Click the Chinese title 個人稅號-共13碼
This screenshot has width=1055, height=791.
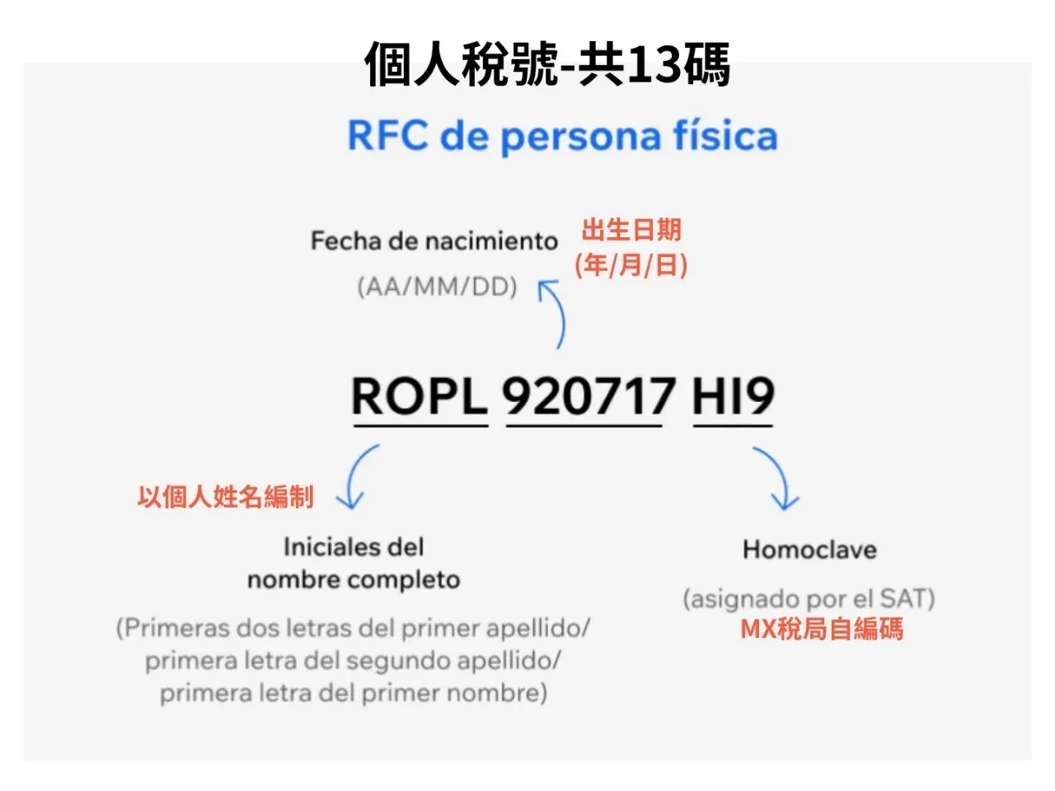click(x=547, y=64)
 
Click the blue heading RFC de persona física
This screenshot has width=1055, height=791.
click(x=562, y=136)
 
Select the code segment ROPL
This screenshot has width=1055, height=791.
click(x=420, y=396)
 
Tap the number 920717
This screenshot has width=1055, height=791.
click(x=588, y=396)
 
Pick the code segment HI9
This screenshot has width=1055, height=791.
click(x=733, y=396)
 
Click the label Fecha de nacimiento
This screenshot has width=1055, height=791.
click(x=434, y=241)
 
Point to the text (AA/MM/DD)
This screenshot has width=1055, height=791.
click(x=437, y=287)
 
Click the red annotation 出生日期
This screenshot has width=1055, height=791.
click(x=632, y=230)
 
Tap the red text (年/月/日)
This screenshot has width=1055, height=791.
click(x=631, y=265)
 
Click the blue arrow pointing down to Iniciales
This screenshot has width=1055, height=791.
click(x=359, y=478)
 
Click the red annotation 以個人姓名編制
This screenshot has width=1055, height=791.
click(x=226, y=497)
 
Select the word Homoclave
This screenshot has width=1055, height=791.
click(x=809, y=550)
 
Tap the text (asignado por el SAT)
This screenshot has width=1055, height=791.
click(x=809, y=598)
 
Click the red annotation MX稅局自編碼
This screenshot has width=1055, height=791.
click(x=822, y=630)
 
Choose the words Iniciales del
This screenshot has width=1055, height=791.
click(x=354, y=547)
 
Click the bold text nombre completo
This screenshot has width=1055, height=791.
click(x=354, y=579)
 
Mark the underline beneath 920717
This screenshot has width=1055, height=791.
click(x=584, y=426)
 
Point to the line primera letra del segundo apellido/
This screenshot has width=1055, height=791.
click(x=354, y=661)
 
